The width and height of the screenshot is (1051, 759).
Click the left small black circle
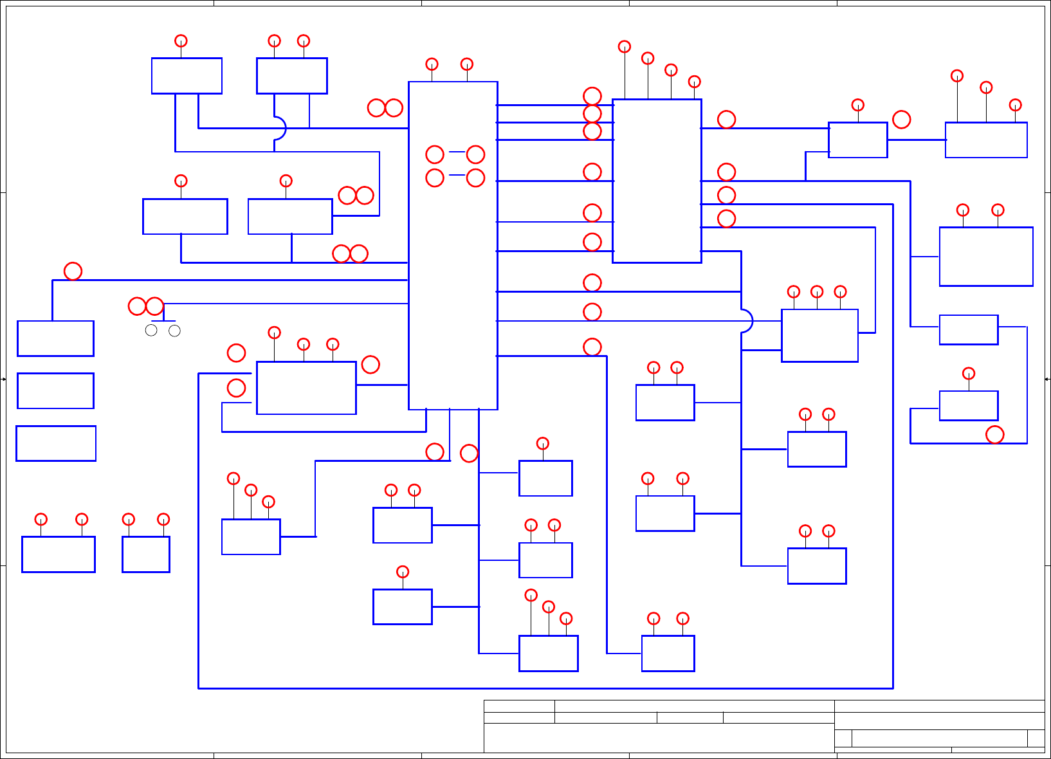click(151, 331)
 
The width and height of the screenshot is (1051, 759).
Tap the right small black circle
click(174, 331)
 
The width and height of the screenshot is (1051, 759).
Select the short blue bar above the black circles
click(163, 320)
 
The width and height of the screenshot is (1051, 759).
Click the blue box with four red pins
click(657, 181)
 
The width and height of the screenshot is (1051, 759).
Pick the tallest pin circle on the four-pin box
click(624, 46)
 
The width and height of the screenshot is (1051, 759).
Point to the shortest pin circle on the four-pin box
click(694, 82)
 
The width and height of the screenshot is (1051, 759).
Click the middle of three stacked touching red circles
click(592, 114)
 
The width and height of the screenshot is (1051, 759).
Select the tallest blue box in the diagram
click(453, 245)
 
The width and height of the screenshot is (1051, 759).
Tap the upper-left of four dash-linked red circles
click(435, 154)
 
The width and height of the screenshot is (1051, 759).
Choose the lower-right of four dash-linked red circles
click(475, 178)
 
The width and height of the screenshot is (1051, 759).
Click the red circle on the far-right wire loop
click(995, 435)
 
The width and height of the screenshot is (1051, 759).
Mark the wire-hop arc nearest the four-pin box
click(746, 321)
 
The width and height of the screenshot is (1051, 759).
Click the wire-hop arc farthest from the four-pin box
click(280, 128)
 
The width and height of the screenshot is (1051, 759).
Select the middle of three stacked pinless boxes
click(55, 390)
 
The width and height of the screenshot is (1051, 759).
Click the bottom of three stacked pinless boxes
click(56, 443)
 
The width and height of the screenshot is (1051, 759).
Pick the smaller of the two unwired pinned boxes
click(146, 554)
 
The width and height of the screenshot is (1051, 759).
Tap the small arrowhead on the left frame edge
click(3, 379)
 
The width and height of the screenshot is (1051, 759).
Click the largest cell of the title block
click(659, 738)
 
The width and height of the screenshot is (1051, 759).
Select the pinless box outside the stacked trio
click(969, 330)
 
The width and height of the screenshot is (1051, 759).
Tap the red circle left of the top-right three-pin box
click(902, 120)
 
